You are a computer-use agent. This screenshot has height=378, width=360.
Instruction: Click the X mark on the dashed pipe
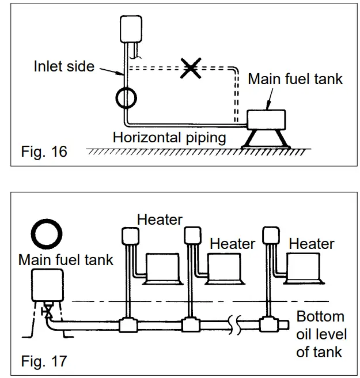(x=191, y=68)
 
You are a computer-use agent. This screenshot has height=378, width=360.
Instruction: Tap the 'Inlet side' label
(x=63, y=66)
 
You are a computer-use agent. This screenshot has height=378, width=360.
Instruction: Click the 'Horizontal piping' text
(x=169, y=138)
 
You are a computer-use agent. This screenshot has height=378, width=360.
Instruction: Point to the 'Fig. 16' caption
(x=44, y=152)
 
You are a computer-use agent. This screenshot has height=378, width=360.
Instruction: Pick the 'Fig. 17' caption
(x=44, y=361)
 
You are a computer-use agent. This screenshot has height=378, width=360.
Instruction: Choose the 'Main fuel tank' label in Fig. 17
(x=66, y=259)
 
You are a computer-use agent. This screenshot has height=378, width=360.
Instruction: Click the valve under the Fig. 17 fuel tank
(x=49, y=312)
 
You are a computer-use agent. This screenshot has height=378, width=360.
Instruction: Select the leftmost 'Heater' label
(x=160, y=219)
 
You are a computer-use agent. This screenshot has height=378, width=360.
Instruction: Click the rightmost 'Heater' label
(x=311, y=244)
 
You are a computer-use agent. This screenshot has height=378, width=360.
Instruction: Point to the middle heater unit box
(x=223, y=267)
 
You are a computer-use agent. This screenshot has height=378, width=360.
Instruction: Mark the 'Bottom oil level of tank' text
(x=320, y=334)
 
